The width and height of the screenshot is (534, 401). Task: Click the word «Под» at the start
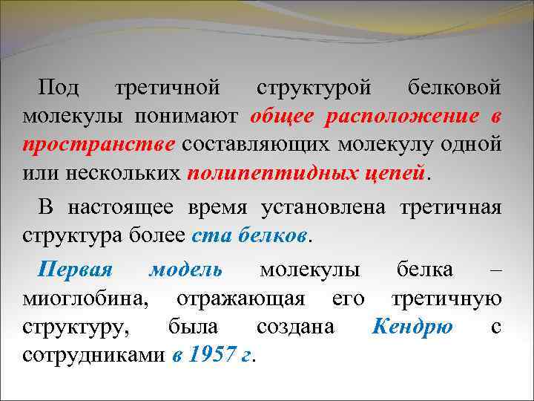(62, 88)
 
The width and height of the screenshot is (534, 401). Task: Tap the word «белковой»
(454, 88)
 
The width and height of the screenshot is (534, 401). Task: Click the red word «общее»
(282, 117)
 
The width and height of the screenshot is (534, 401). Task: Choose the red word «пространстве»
(99, 145)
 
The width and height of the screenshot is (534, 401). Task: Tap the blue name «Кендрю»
(413, 327)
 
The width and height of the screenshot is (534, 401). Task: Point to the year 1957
(207, 356)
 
